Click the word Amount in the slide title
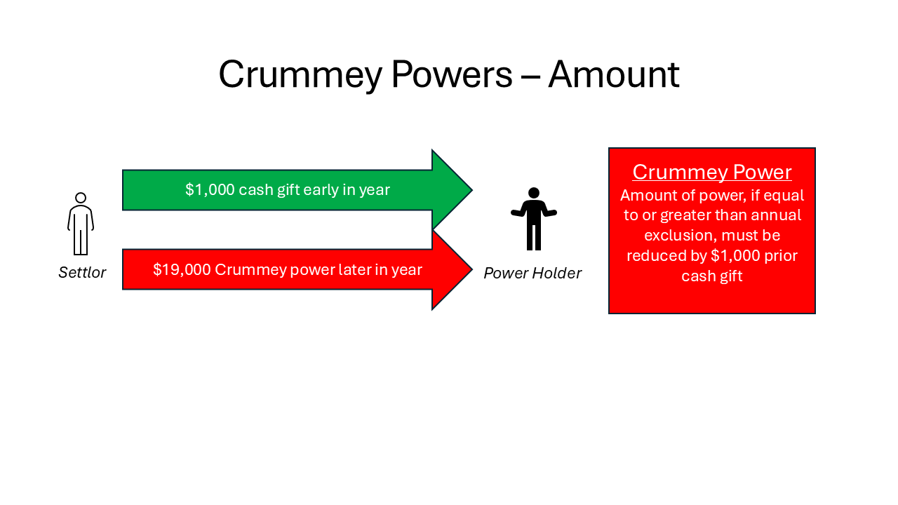(x=613, y=74)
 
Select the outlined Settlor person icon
(x=81, y=224)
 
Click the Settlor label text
(x=82, y=272)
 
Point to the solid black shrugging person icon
(x=534, y=218)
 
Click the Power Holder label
(x=532, y=273)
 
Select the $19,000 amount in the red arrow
(x=182, y=269)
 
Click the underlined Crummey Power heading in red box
(x=711, y=172)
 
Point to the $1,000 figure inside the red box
(x=735, y=255)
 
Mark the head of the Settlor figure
(x=81, y=198)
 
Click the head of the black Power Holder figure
(x=534, y=193)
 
